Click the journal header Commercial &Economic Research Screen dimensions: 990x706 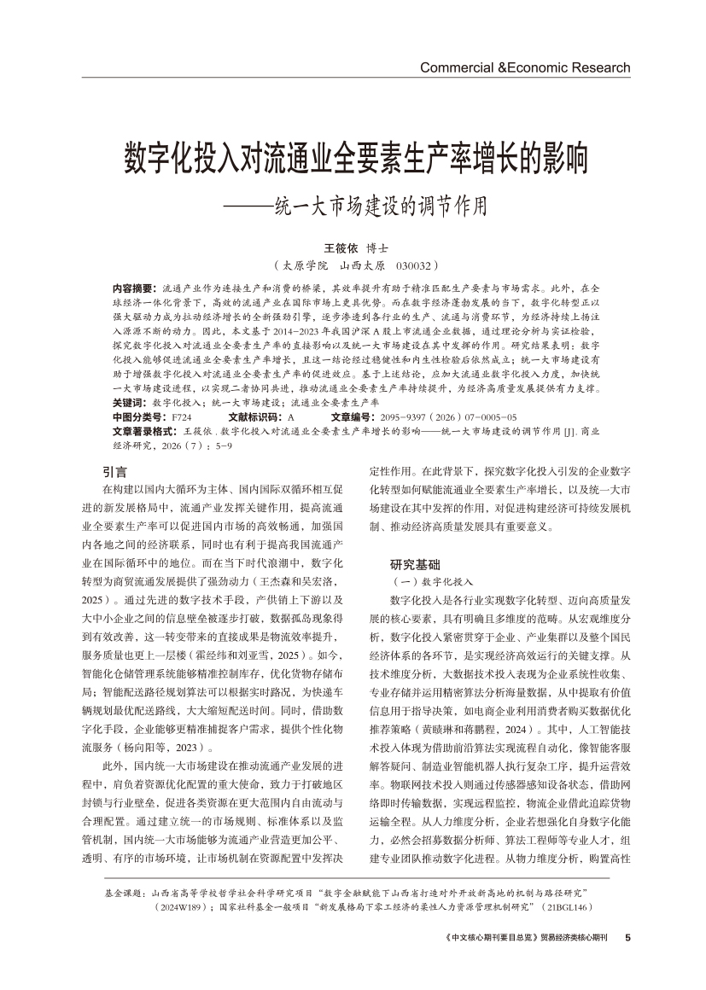coord(525,68)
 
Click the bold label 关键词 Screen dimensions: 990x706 coord(129,401)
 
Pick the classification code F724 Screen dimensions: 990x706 coord(182,416)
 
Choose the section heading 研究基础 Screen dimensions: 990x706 coord(417,564)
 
